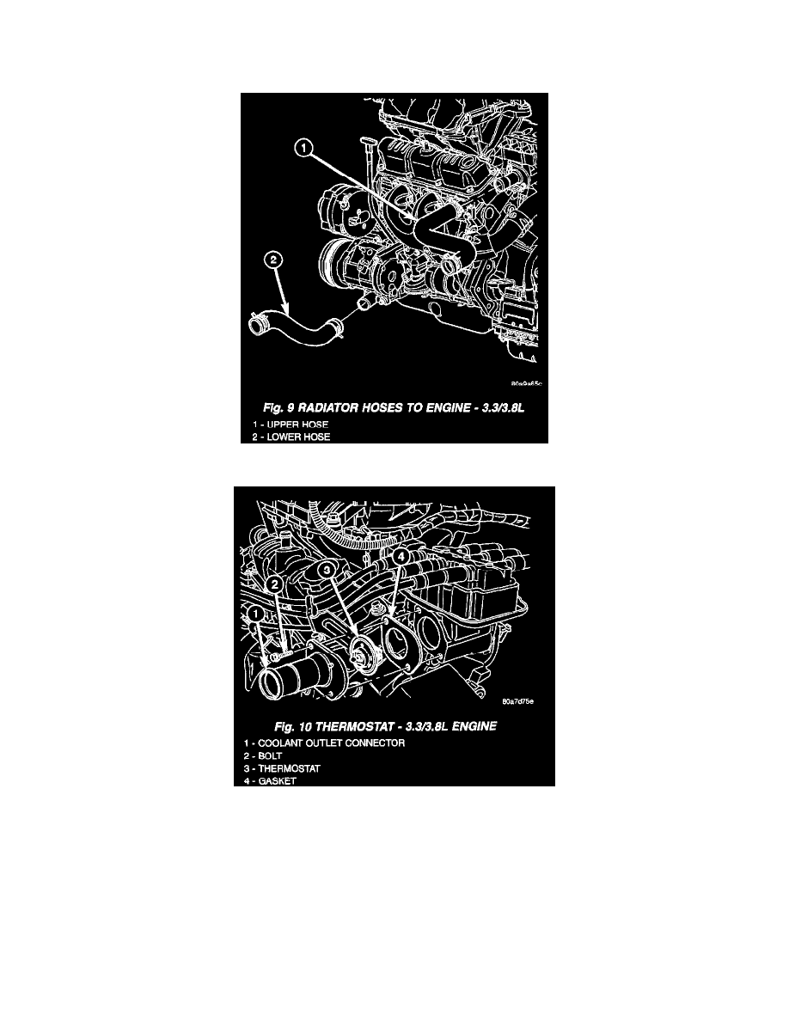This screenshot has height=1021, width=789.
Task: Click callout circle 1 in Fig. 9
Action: [x=303, y=150]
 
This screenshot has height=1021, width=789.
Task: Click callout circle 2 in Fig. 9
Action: [x=272, y=260]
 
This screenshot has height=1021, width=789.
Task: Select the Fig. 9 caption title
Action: [x=393, y=408]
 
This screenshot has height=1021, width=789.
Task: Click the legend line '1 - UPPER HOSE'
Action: [x=291, y=425]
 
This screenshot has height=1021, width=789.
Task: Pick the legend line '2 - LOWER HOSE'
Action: [x=291, y=437]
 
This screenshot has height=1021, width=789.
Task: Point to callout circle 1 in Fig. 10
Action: [x=256, y=614]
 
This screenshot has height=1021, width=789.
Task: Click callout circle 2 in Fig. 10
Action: [x=275, y=584]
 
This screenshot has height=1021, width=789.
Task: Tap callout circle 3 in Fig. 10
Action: [x=328, y=571]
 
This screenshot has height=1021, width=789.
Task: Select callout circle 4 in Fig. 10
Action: [x=401, y=557]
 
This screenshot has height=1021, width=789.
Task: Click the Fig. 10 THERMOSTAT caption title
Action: [x=385, y=726]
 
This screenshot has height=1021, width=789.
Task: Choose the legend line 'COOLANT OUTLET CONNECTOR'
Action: [x=324, y=743]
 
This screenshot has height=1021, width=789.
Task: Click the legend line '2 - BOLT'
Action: [x=263, y=756]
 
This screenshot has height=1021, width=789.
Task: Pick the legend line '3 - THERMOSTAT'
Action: [x=282, y=768]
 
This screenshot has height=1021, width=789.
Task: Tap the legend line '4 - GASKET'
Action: [x=270, y=780]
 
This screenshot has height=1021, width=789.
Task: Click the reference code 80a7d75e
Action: [x=517, y=701]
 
